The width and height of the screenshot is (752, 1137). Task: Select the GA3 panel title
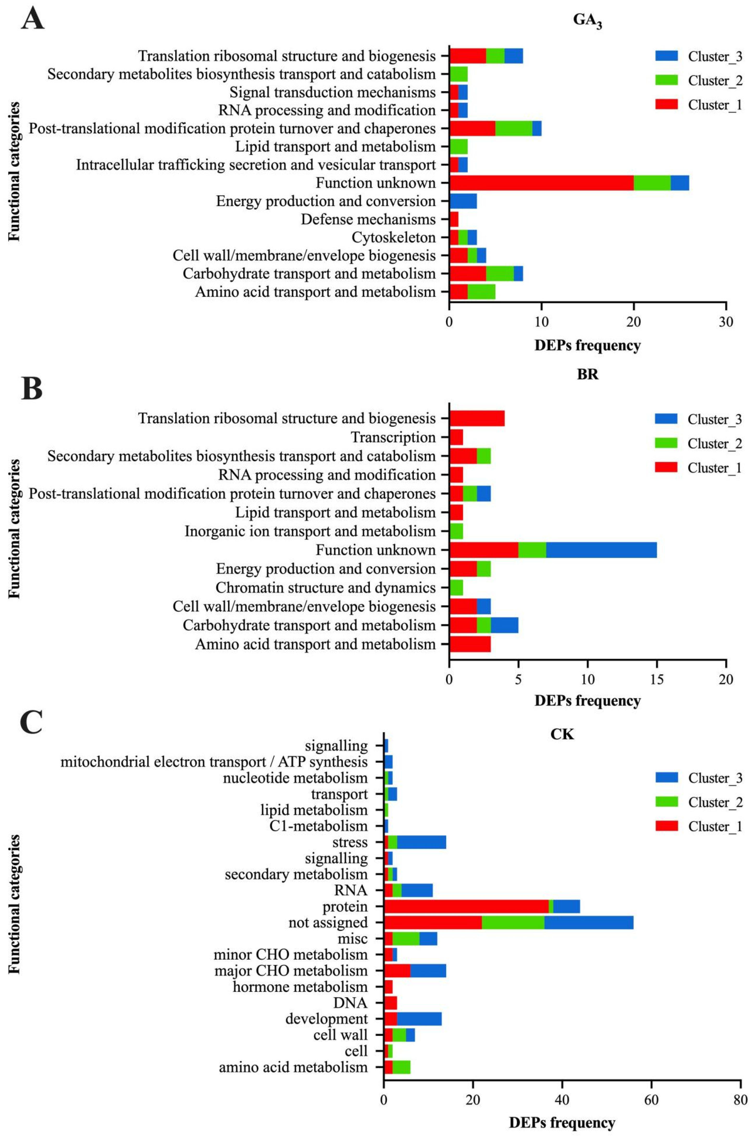coord(588,21)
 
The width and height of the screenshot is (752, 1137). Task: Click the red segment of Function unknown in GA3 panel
coord(541,183)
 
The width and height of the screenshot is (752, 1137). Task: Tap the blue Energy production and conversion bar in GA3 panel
coord(463,201)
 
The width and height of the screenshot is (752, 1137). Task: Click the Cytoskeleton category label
coord(393,237)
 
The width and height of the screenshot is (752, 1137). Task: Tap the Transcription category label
coord(393,437)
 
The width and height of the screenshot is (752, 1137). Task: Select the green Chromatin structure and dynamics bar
coord(456,587)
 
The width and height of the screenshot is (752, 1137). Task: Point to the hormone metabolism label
coord(300,987)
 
